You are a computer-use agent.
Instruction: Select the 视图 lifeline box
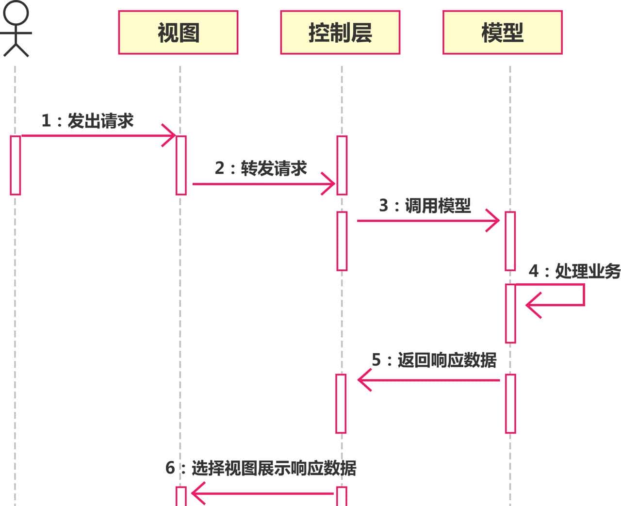pos(178,33)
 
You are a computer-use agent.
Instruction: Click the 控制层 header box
pos(340,33)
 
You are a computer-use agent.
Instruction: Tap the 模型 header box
pos(502,33)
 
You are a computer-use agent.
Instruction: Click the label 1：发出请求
pos(87,121)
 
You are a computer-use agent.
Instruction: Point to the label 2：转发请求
pos(261,168)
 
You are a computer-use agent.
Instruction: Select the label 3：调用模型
pos(425,206)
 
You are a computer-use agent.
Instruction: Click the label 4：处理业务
pos(574,271)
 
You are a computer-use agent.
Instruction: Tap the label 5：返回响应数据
pos(434,360)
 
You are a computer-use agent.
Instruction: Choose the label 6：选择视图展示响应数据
pos(261,468)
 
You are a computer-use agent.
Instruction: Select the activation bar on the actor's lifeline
pos(16,165)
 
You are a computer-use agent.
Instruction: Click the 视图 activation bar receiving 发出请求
pos(181,165)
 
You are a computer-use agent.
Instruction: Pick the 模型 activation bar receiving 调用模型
pos(510,241)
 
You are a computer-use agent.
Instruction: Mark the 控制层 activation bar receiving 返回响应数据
pos(341,403)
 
